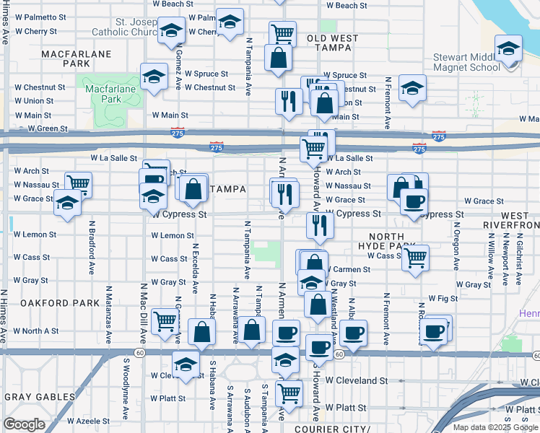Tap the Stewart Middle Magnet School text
coord(466,62)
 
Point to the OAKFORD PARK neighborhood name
coord(59,303)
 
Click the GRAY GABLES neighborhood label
coord(40,397)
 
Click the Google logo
coord(24,424)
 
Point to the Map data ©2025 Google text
coord(494,427)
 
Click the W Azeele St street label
coord(88,421)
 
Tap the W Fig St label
coord(443,298)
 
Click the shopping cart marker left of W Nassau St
coord(78,183)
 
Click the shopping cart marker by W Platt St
coord(289,393)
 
